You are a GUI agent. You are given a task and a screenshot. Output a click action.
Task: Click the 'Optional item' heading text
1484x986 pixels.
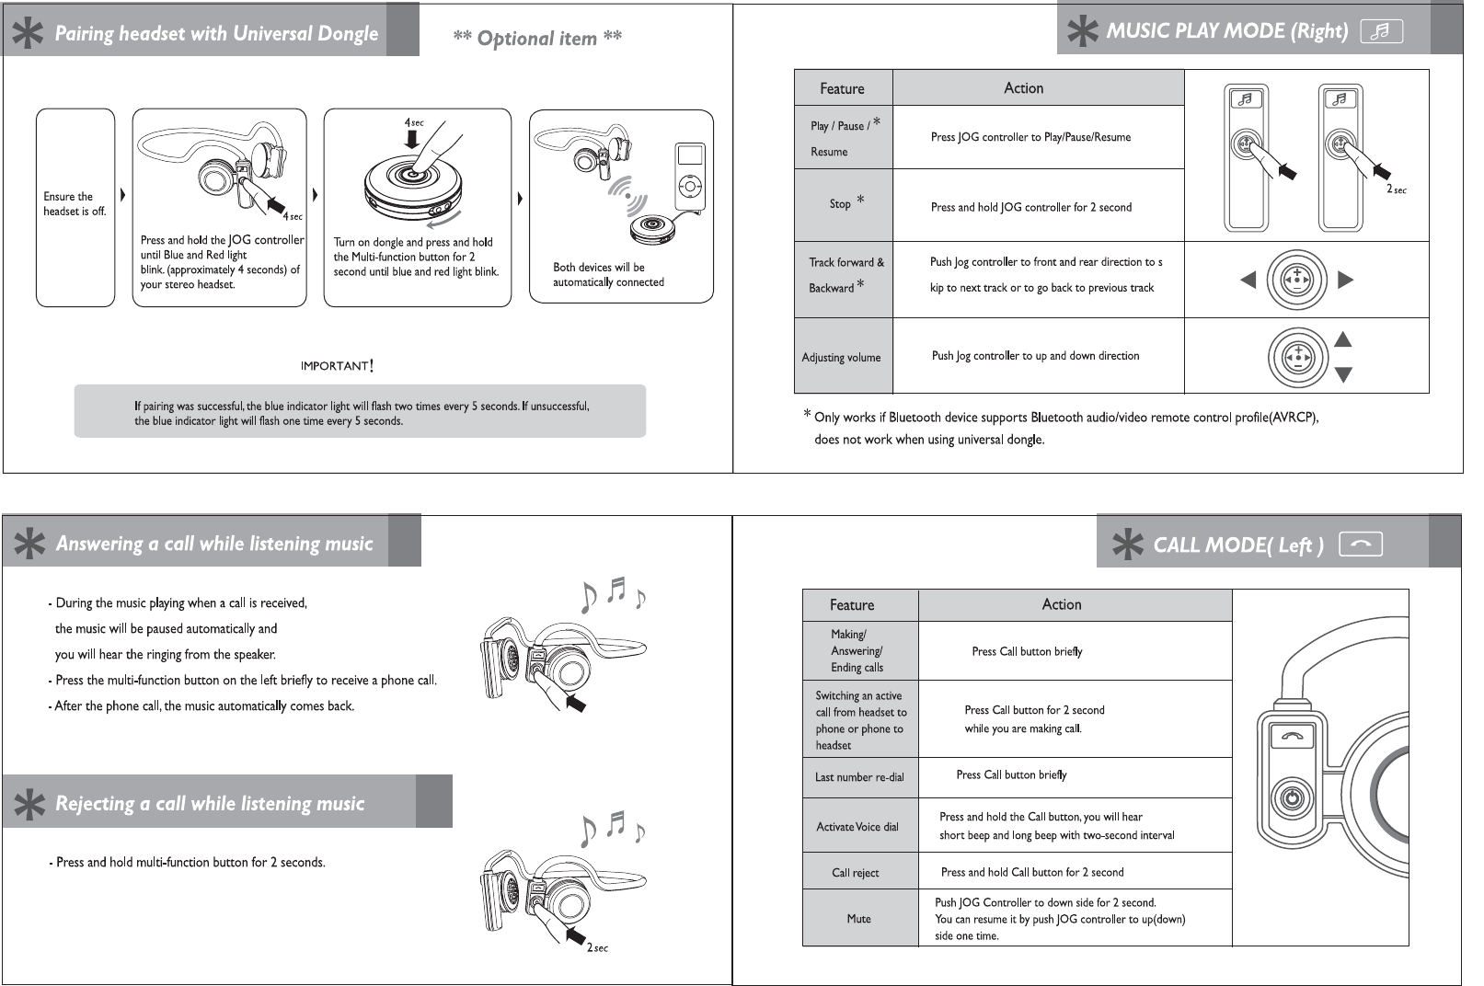pyautogui.click(x=537, y=39)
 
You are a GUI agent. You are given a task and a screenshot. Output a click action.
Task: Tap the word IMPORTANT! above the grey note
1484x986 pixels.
pyautogui.click(x=337, y=366)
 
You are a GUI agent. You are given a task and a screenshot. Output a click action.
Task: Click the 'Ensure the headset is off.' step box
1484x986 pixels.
pyautogui.click(x=75, y=207)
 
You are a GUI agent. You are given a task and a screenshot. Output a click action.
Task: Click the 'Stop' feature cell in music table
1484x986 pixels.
pyautogui.click(x=843, y=204)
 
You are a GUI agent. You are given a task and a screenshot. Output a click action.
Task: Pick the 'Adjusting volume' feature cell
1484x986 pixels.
pyautogui.click(x=842, y=357)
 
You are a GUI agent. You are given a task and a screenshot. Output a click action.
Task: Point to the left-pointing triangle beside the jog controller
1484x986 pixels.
pyautogui.click(x=1248, y=280)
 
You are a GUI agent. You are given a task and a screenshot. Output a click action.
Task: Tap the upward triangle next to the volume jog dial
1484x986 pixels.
pyautogui.click(x=1343, y=339)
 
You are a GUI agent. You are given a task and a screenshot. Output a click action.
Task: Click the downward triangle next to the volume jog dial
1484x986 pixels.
pyautogui.click(x=1343, y=374)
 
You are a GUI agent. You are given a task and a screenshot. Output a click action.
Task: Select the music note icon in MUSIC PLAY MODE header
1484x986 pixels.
pyautogui.click(x=1381, y=31)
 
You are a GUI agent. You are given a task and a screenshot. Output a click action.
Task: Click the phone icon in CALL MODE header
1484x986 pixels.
pyautogui.click(x=1361, y=545)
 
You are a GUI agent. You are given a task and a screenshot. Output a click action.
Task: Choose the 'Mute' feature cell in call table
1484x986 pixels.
pyautogui.click(x=858, y=919)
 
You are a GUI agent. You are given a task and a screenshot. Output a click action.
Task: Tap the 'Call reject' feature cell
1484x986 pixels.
pyautogui.click(x=856, y=873)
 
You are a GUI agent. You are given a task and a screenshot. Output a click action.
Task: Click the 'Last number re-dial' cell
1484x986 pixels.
pyautogui.click(x=859, y=777)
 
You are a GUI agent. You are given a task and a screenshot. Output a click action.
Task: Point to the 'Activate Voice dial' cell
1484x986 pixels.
pyautogui.click(x=857, y=827)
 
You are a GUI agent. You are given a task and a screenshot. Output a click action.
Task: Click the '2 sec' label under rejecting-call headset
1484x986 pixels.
pyautogui.click(x=597, y=947)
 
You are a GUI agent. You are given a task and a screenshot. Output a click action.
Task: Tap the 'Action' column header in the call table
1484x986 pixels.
pyautogui.click(x=1062, y=604)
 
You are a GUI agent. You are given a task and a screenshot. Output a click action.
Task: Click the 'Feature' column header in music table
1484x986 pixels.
pyautogui.click(x=842, y=88)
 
